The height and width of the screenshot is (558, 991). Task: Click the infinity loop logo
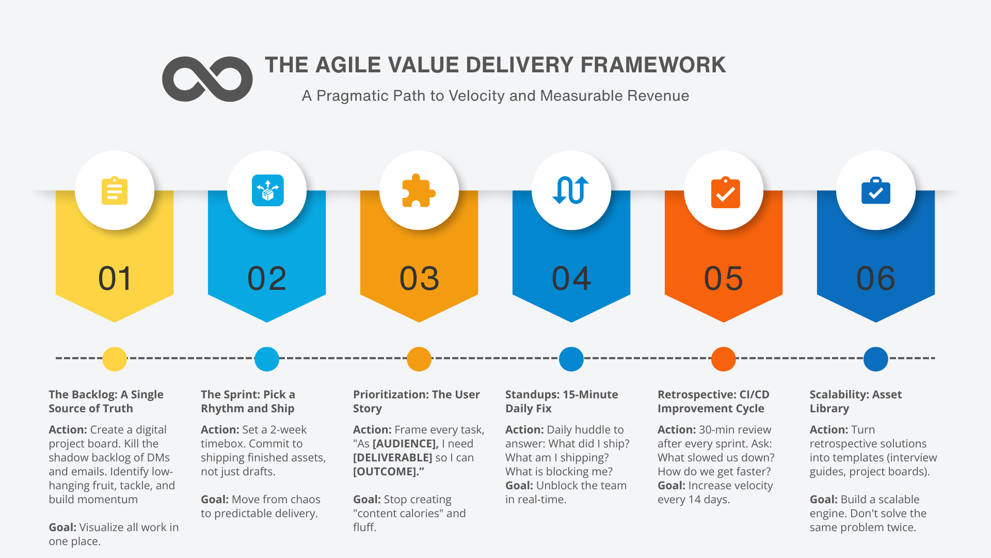click(207, 79)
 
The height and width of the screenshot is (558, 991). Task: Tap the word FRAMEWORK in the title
click(653, 65)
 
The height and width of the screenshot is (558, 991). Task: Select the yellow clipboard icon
click(115, 191)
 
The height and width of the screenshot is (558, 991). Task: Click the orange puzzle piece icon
click(419, 191)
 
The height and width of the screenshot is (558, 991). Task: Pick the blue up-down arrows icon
click(571, 190)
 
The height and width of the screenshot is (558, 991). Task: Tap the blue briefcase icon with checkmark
click(875, 191)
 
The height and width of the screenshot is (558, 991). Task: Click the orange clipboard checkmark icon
click(725, 192)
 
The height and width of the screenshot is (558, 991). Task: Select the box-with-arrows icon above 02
click(267, 190)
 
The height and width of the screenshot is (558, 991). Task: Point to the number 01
click(115, 278)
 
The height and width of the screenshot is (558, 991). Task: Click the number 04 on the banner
click(571, 278)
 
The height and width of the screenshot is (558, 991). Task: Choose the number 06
click(875, 278)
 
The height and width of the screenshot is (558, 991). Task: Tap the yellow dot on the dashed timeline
click(115, 359)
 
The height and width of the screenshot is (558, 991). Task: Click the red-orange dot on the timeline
click(723, 359)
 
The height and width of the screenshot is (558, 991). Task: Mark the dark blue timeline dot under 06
click(875, 359)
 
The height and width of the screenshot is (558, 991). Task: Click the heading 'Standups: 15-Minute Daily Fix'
click(561, 401)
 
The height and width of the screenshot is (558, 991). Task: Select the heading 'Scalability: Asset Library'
click(855, 401)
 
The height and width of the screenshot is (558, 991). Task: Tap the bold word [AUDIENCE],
click(406, 444)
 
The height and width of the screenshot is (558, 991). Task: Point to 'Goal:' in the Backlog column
click(62, 528)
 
